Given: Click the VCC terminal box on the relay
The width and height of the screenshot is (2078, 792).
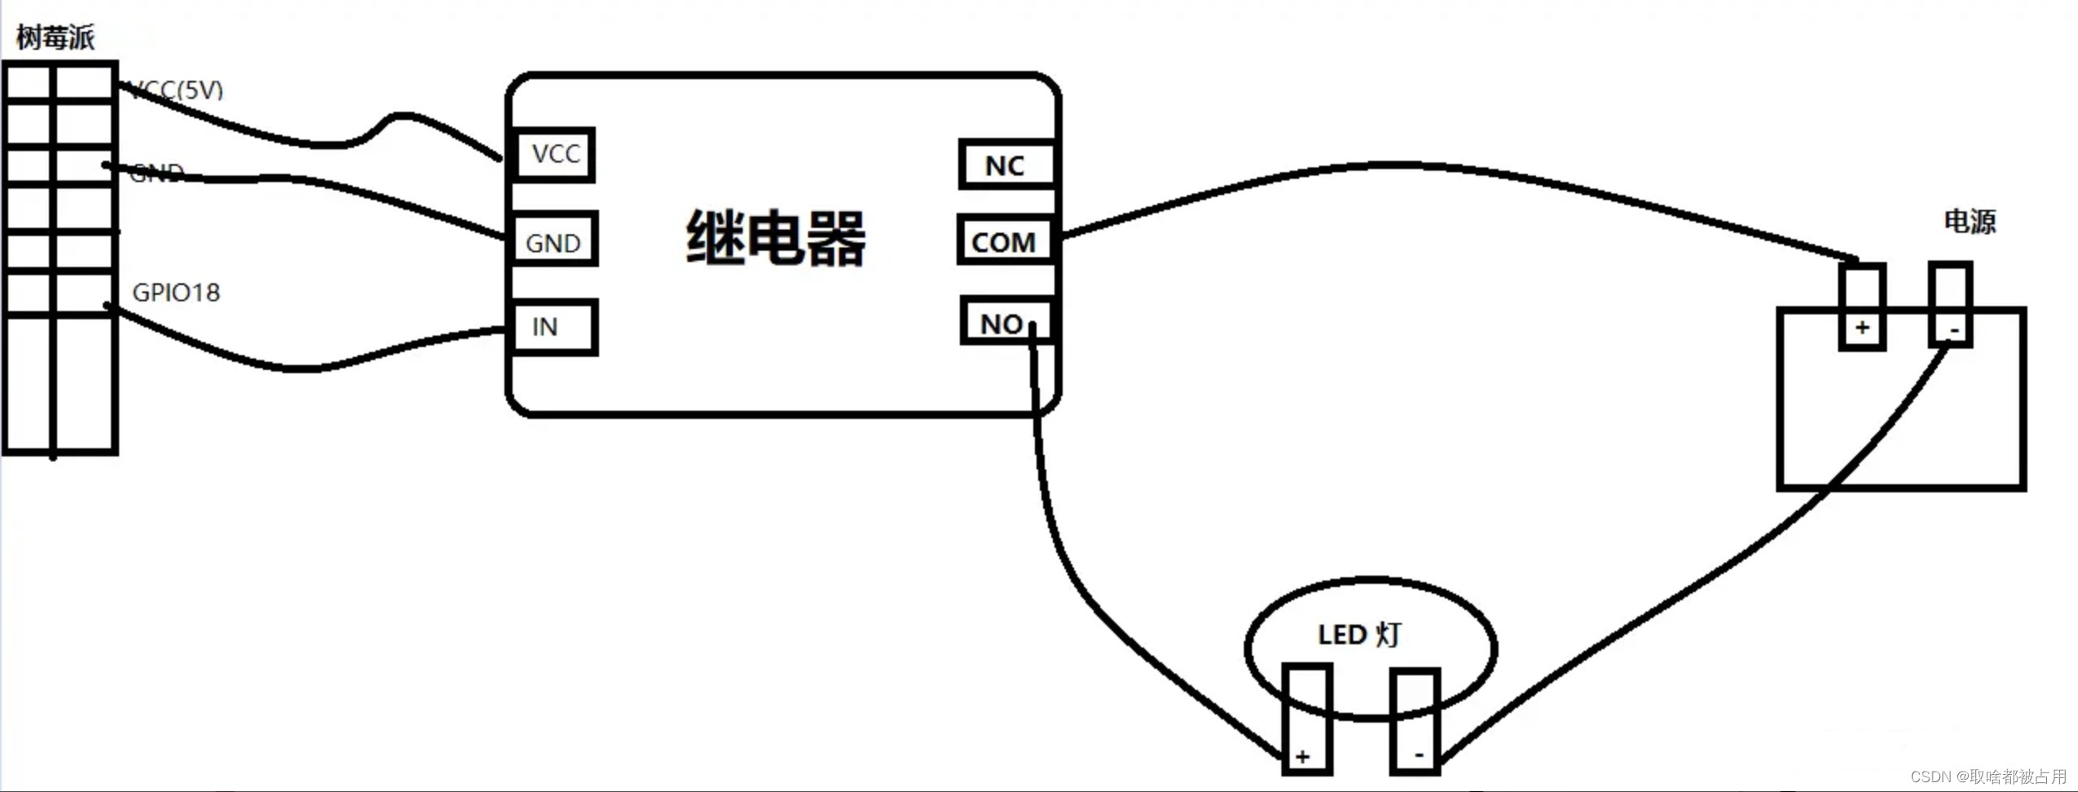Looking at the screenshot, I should pos(555,154).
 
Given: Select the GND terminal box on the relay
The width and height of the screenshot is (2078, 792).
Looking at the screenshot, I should pos(554,242).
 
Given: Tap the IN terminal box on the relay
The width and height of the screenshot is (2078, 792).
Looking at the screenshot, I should pos(554,327).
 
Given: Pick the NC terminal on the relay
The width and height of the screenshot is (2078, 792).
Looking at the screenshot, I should pos(1006,166).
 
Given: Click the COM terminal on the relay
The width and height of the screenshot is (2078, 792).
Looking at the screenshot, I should pos(1004,242).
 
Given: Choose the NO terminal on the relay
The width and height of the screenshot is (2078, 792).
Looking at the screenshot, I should pos(1004,323).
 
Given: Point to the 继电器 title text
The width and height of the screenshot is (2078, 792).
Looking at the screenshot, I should pos(775,238).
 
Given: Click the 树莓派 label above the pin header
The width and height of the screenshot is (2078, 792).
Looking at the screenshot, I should pos(55,37).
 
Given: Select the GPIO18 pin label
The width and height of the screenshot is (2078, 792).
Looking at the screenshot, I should pos(176,292).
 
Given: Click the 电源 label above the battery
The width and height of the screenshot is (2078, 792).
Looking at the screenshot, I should pos(1969,221).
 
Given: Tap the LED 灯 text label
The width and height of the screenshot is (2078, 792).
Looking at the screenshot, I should pos(1359,634).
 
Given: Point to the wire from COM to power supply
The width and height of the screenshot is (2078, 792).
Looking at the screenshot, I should pos(1388,166).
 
